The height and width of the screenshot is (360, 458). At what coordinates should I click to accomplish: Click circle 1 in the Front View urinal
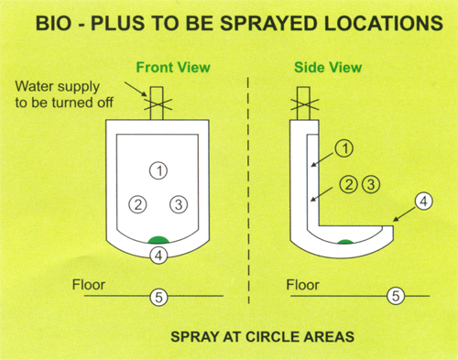[x=158, y=170]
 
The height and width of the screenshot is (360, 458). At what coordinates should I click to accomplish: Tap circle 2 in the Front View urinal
[x=138, y=204]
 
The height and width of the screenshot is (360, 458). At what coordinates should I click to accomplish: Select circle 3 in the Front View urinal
[x=179, y=204]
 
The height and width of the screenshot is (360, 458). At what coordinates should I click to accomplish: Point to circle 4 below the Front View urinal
[x=158, y=256]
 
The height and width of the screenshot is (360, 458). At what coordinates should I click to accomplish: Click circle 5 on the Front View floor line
[x=158, y=297]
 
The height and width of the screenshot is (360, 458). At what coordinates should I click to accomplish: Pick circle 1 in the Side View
[x=344, y=148]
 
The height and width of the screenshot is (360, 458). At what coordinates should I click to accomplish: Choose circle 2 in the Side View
[x=349, y=184]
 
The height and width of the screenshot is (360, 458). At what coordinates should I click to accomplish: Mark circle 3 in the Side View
[x=371, y=184]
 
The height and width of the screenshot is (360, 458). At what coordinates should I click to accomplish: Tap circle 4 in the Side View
[x=423, y=202]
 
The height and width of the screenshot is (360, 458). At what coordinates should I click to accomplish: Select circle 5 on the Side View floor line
[x=396, y=296]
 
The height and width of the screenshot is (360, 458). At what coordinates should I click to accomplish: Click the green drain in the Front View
[x=158, y=240]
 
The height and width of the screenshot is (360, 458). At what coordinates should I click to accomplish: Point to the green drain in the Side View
[x=345, y=242]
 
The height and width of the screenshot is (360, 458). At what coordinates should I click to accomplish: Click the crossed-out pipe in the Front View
[x=157, y=104]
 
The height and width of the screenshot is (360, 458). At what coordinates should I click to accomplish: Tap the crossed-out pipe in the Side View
[x=304, y=104]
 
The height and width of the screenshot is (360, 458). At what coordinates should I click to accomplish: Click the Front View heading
[x=173, y=67]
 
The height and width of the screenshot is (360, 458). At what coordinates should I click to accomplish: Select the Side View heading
[x=328, y=67]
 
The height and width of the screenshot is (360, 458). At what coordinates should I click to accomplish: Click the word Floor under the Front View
[x=89, y=285]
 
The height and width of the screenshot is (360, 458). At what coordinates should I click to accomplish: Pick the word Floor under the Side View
[x=302, y=285]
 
